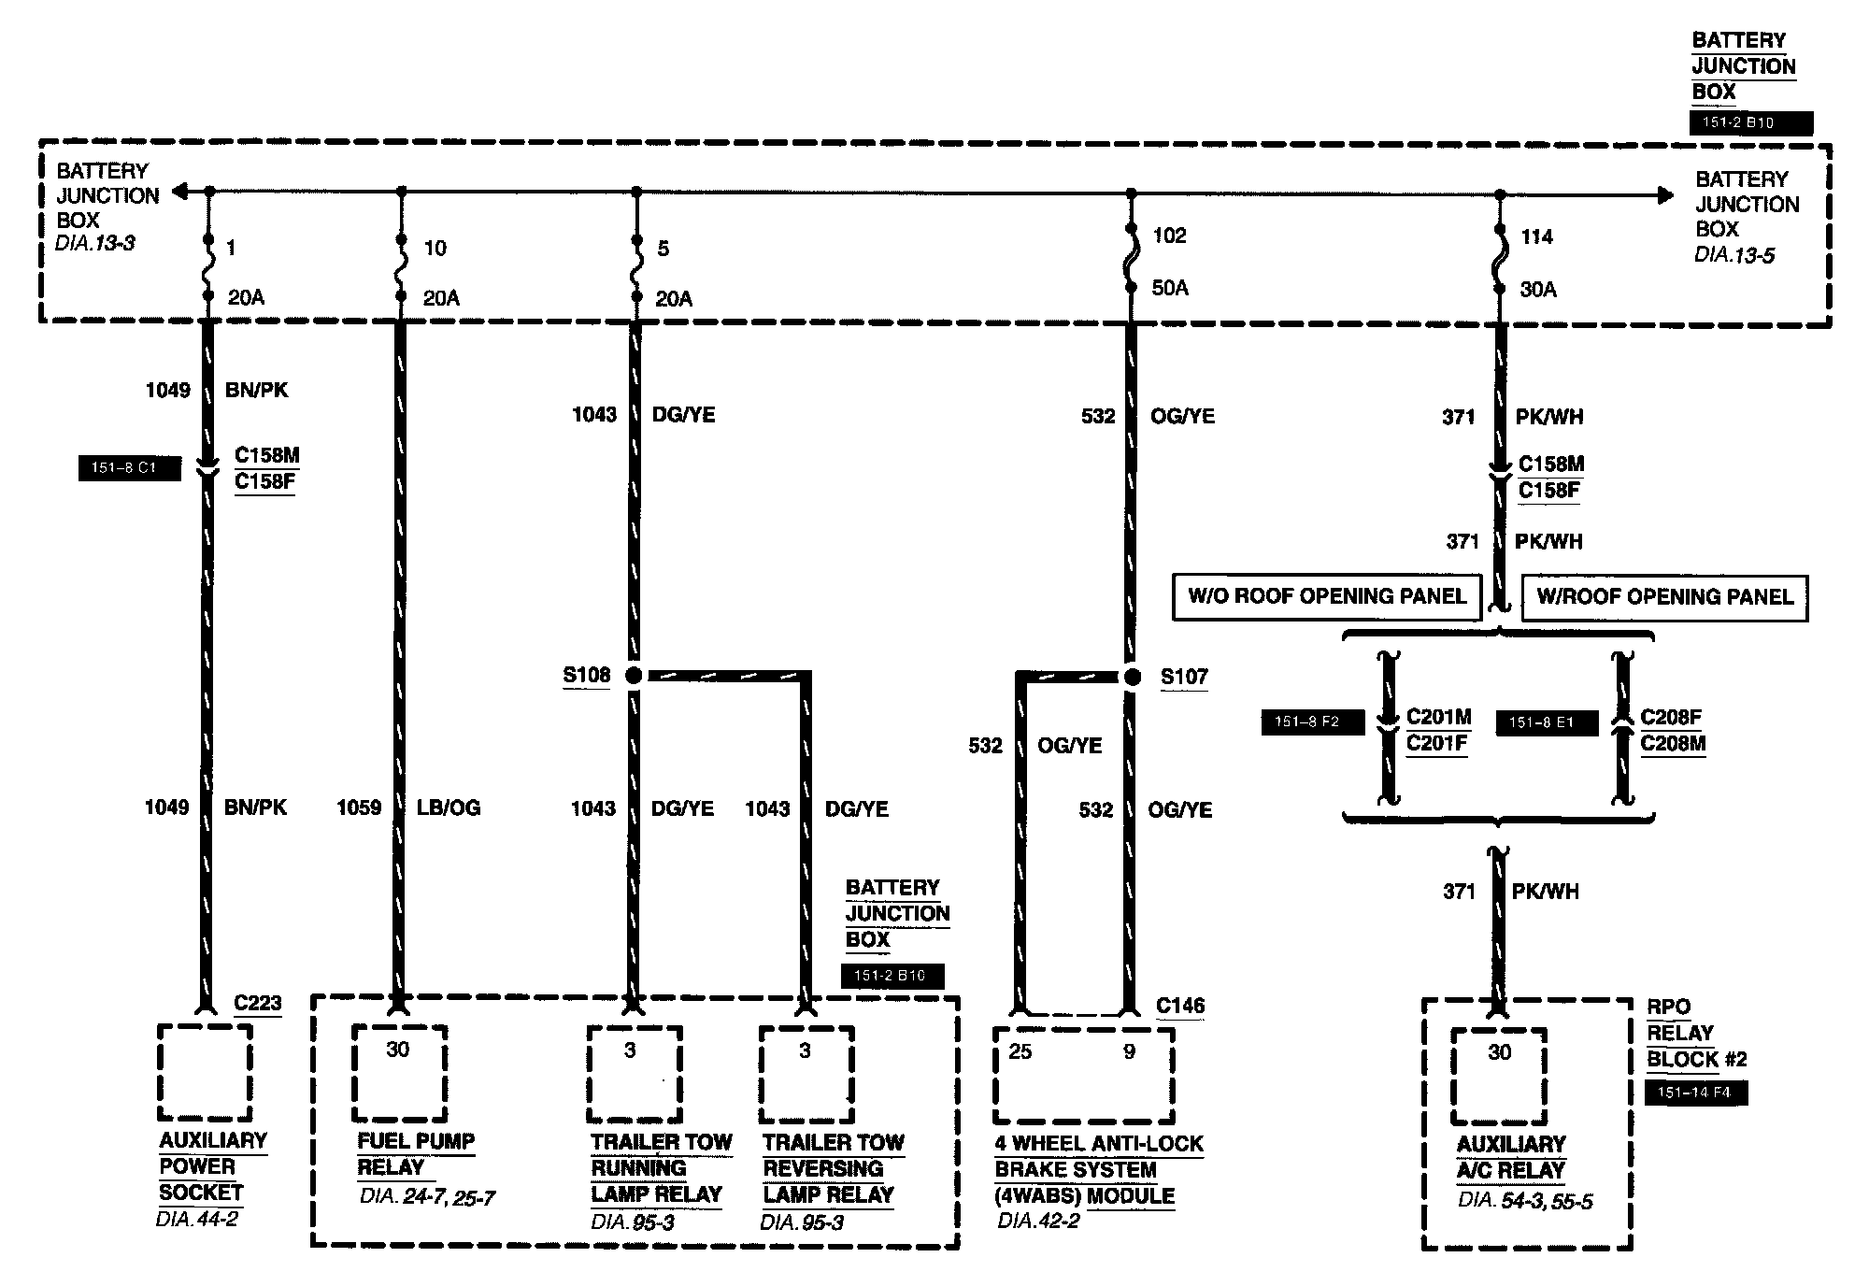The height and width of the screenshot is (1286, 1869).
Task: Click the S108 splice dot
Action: (x=634, y=675)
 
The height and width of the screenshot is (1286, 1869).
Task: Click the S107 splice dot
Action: (x=1132, y=677)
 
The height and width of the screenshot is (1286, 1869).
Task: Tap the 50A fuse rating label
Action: (x=1170, y=288)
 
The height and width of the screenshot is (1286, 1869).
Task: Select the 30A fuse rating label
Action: (x=1538, y=290)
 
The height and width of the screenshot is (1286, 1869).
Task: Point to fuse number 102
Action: (x=1169, y=236)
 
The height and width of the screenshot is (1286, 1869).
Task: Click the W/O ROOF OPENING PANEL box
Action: (x=1327, y=597)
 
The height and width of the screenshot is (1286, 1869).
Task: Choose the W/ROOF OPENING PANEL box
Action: (x=1664, y=597)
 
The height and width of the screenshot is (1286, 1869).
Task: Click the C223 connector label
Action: (x=258, y=1003)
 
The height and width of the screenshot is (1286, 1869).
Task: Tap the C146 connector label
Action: (x=1180, y=1006)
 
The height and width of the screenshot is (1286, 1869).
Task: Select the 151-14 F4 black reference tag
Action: (x=1694, y=1093)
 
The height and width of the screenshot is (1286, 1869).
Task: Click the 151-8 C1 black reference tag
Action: (x=129, y=468)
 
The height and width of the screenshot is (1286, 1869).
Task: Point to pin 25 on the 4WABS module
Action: (x=1020, y=1052)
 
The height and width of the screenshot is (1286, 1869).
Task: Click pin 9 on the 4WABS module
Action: (x=1129, y=1052)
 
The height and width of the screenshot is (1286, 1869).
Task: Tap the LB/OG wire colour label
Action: (x=449, y=807)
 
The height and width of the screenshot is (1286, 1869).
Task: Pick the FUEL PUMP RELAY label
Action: (x=416, y=1154)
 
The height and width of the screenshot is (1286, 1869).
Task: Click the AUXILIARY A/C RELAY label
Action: (x=1510, y=1157)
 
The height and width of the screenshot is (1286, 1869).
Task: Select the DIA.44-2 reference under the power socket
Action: (x=197, y=1219)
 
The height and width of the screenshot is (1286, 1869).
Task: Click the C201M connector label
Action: (x=1439, y=717)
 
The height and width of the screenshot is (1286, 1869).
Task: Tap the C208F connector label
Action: (x=1671, y=717)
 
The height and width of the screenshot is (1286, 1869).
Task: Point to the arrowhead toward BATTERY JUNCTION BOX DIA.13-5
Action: (x=1664, y=195)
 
